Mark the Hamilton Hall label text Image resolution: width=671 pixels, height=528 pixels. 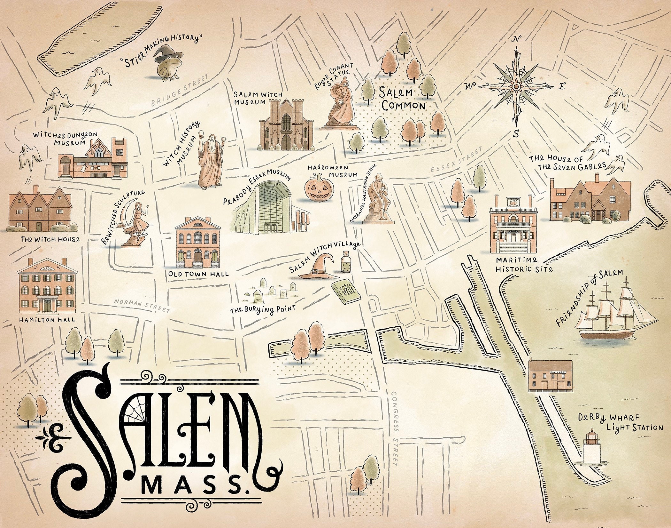(47, 319)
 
